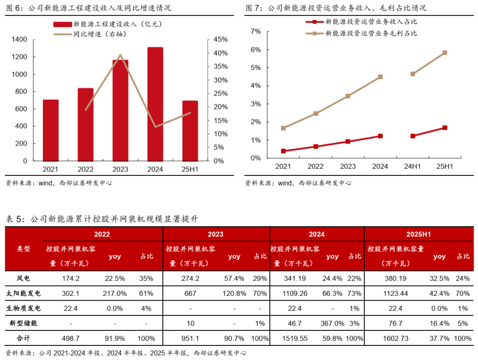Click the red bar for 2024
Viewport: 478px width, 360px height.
point(155,104)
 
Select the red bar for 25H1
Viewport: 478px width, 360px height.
point(190,131)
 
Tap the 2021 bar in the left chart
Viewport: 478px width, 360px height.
point(50,130)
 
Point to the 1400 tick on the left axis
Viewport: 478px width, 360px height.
point(20,40)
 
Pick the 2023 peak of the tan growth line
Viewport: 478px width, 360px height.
point(120,55)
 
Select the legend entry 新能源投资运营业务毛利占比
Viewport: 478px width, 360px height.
point(371,33)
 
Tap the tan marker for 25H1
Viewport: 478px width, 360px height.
point(445,53)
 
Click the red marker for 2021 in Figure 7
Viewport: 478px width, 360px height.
point(283,151)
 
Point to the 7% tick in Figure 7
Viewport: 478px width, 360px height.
point(256,31)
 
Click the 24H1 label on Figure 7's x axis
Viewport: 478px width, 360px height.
point(412,166)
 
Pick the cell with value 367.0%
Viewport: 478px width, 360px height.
point(332,323)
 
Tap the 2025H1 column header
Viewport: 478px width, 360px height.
point(418,234)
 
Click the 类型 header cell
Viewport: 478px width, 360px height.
point(24,249)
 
